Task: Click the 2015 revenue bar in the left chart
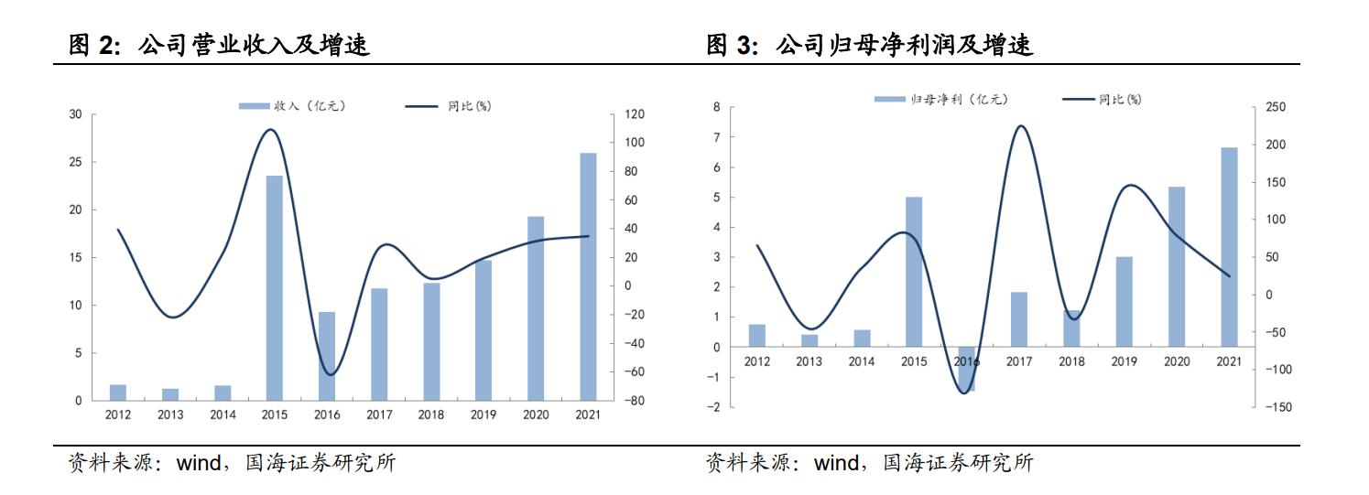coord(274,287)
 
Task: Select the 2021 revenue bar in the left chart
coord(588,276)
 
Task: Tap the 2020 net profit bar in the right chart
coord(1177,266)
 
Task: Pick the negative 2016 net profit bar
coord(966,369)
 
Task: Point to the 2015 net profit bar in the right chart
coord(914,272)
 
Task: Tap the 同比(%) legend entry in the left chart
coord(449,106)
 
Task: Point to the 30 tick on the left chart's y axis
coord(75,114)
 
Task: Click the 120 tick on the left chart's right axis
coord(635,114)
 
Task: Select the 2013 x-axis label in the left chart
coord(170,415)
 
